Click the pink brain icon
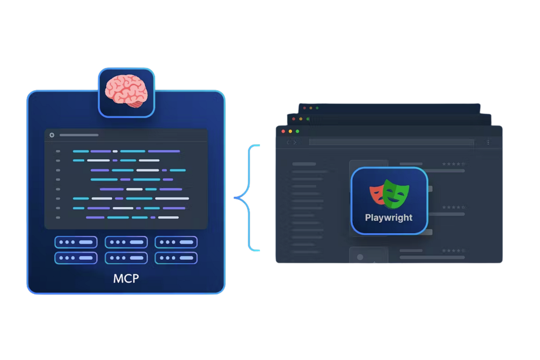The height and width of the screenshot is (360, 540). (126, 91)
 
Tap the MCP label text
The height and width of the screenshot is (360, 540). (126, 279)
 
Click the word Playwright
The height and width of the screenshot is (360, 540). (388, 218)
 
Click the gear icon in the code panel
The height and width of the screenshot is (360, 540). (52, 135)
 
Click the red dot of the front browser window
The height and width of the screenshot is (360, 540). (283, 131)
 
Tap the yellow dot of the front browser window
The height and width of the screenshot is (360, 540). (290, 131)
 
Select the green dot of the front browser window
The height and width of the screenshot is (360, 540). (297, 131)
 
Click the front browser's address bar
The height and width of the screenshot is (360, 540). (391, 142)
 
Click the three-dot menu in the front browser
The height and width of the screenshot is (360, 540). (488, 142)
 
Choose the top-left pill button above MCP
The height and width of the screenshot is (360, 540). (76, 242)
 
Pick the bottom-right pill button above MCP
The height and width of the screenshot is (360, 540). (176, 258)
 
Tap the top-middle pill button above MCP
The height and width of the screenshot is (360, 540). (126, 242)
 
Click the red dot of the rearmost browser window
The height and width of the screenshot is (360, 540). (304, 108)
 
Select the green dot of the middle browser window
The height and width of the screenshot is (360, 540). (308, 119)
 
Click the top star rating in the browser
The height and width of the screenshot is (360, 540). (454, 164)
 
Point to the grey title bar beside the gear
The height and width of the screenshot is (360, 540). (79, 135)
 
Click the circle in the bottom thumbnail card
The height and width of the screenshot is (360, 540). (360, 257)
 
